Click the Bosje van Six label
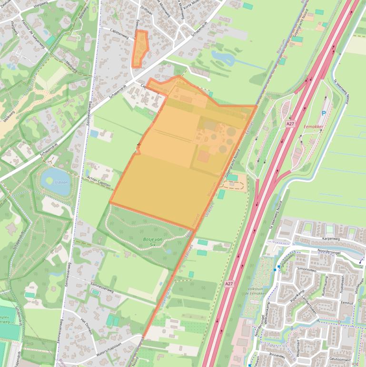click(149, 242)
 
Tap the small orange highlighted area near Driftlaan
click(139, 49)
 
